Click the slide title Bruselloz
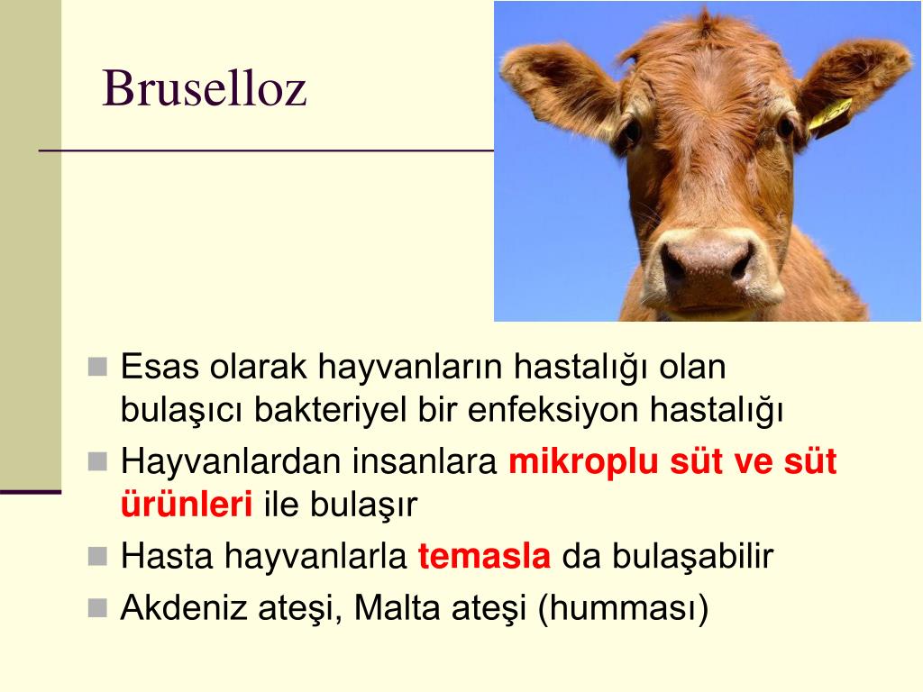point(205,88)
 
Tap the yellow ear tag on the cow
point(830,116)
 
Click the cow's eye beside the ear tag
point(785,127)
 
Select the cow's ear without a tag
point(558,89)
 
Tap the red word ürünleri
point(187,505)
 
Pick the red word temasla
point(484,555)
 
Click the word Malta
point(397,607)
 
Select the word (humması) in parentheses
point(623,609)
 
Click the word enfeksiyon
point(553,410)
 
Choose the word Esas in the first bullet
point(160,366)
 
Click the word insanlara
point(425,462)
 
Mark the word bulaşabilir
point(692,555)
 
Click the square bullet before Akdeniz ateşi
point(97,608)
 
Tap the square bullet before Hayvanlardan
point(97,462)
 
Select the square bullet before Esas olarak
point(97,367)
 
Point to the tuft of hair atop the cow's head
point(704,20)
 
